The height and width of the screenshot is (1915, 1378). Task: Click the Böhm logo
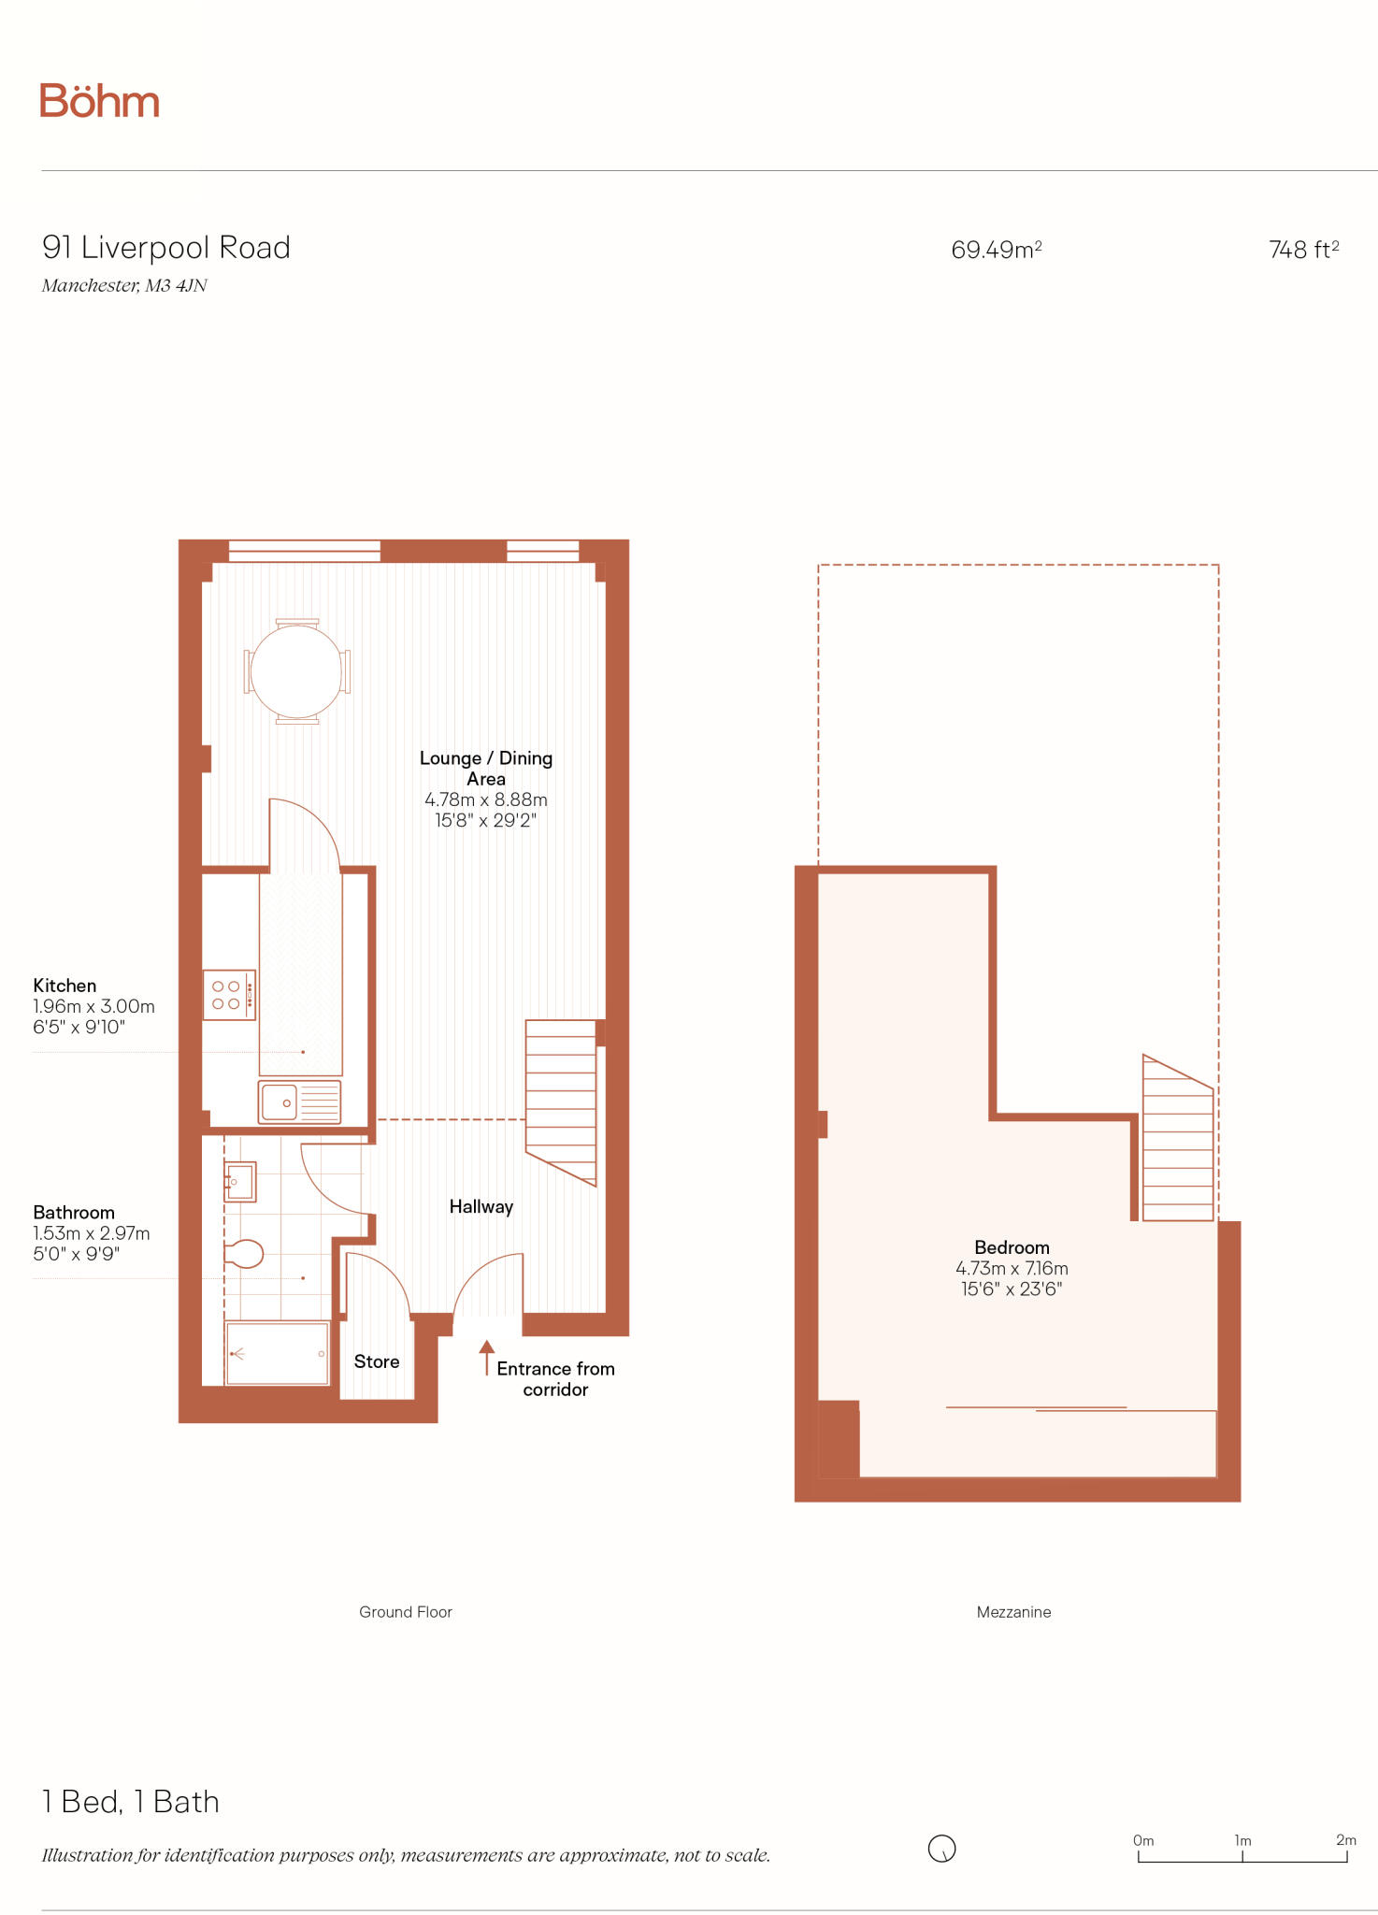[99, 101]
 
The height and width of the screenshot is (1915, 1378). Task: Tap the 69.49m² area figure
[996, 250]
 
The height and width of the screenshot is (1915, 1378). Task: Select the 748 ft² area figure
[1303, 250]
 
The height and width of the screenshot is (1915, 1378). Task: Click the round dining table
[296, 671]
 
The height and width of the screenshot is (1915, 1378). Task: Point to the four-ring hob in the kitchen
[228, 995]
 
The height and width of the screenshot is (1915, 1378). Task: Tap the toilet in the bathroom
[244, 1254]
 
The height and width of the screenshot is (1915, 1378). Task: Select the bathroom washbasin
[239, 1182]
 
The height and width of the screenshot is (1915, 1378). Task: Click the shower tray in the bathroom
[277, 1353]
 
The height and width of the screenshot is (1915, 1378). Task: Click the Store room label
[377, 1362]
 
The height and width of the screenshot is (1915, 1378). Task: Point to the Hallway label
[481, 1207]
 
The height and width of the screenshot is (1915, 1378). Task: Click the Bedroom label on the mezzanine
[1012, 1247]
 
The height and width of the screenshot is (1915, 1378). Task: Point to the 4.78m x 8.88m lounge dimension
[486, 800]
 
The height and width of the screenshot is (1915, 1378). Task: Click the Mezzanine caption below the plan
[1013, 1612]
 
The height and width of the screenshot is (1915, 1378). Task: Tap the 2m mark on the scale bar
[1345, 1840]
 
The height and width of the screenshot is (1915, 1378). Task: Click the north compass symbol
[941, 1849]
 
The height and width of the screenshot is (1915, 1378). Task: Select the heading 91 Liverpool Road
[166, 248]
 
